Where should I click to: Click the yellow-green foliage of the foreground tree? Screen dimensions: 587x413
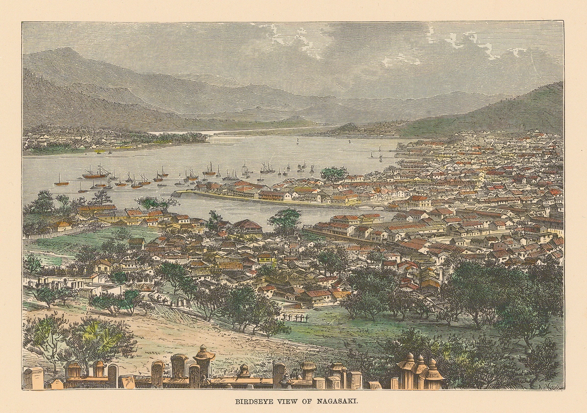click(95, 332)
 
